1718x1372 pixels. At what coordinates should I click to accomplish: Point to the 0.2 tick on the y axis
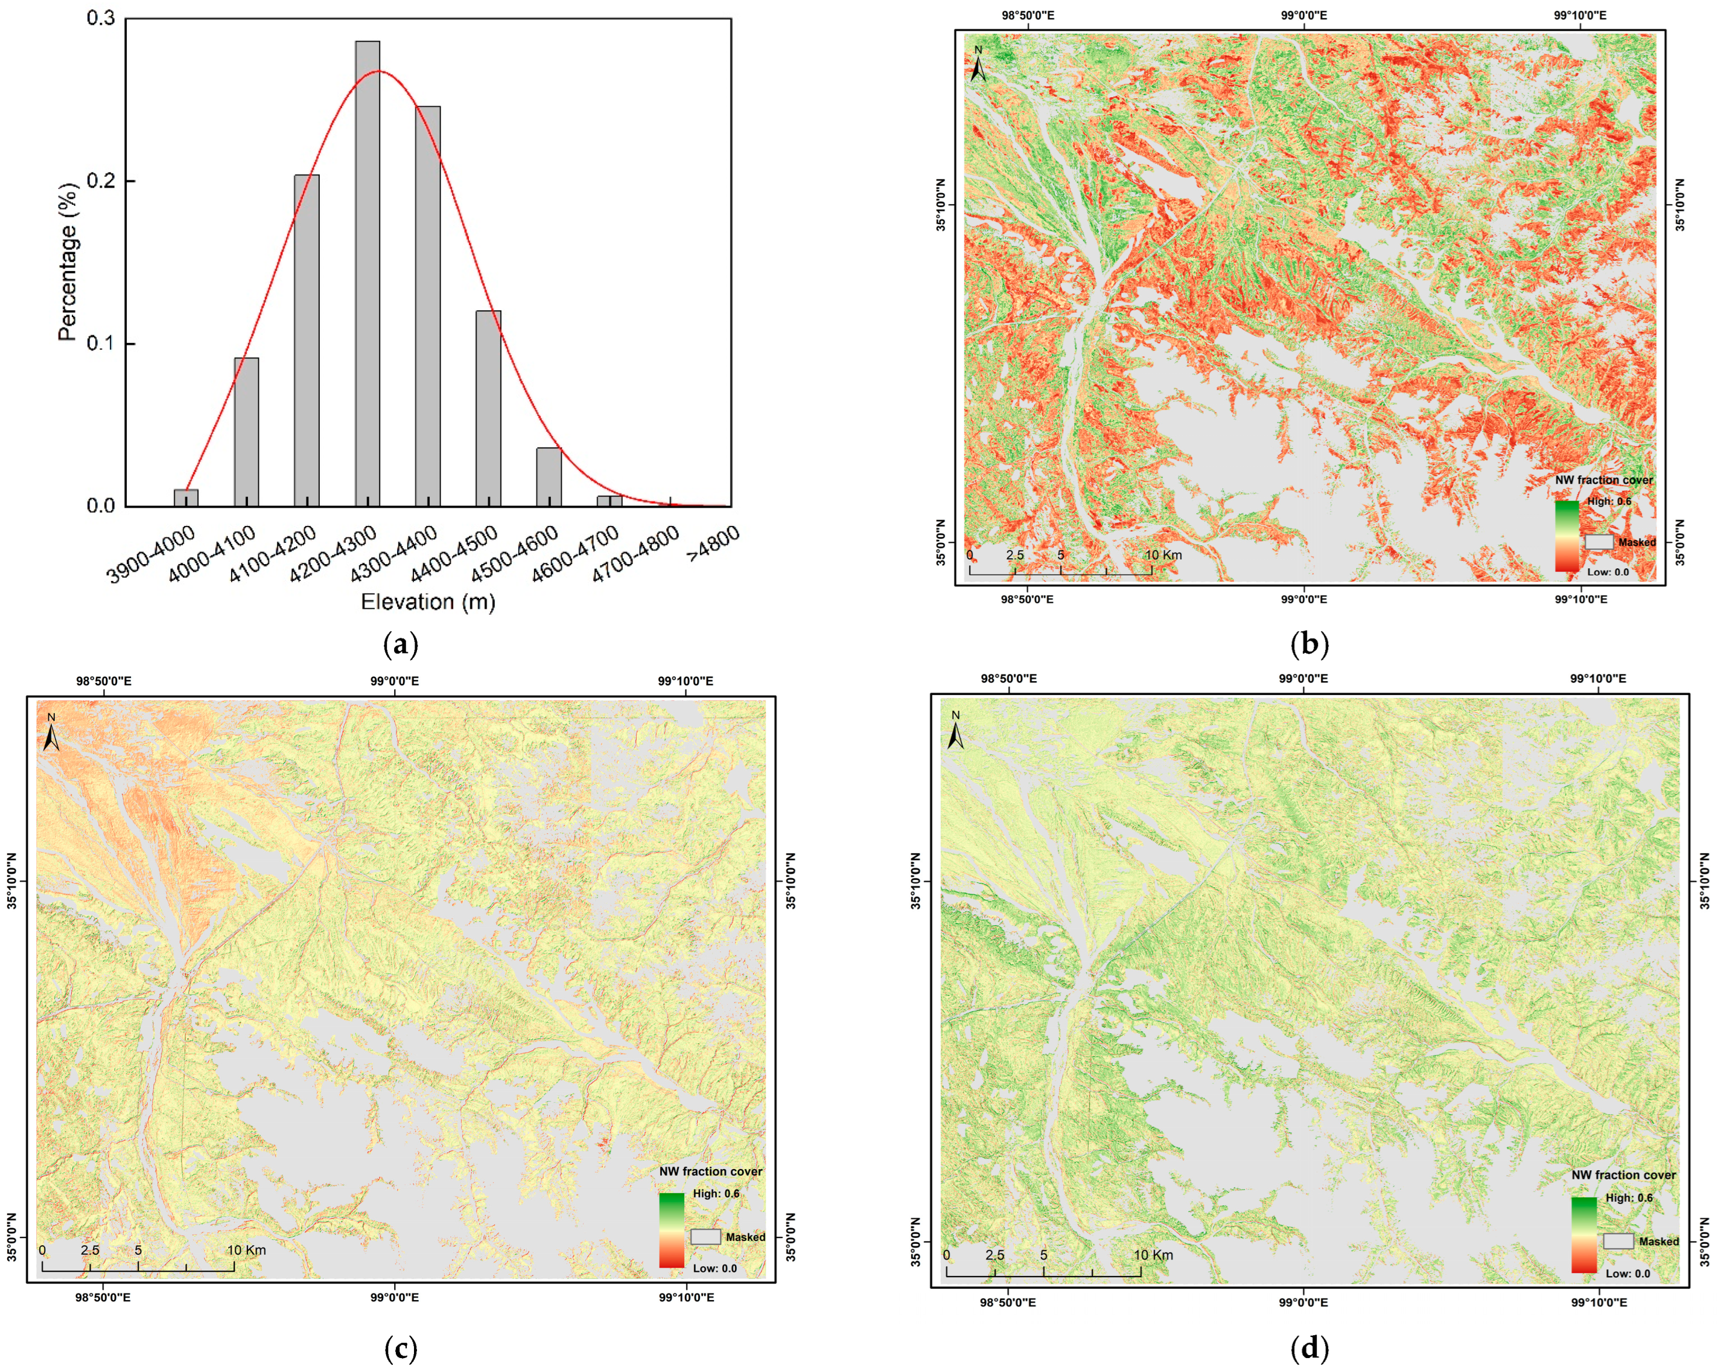point(101,181)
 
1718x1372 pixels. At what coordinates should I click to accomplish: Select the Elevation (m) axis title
point(428,602)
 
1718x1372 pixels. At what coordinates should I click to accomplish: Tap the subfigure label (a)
point(400,643)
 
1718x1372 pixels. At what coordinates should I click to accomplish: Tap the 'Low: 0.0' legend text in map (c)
point(714,1268)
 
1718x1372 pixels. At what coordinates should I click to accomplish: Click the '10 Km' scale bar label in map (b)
point(1163,555)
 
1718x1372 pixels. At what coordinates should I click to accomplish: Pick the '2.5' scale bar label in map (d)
point(994,1255)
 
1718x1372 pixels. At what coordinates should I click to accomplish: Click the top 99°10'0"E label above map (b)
point(1581,15)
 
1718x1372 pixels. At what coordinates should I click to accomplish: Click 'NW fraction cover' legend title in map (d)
point(1623,1175)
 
